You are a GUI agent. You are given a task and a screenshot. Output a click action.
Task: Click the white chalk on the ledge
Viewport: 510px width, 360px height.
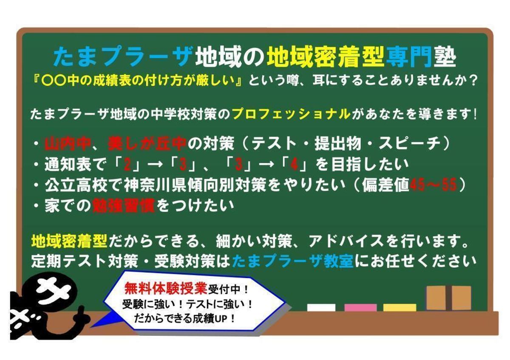coord(321,308)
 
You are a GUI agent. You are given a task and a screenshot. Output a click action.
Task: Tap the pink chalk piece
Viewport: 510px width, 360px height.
coord(360,308)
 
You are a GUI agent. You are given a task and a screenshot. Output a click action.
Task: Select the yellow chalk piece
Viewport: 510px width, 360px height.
coord(399,308)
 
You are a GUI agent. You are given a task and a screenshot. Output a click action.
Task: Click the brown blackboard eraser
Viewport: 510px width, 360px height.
coord(449,298)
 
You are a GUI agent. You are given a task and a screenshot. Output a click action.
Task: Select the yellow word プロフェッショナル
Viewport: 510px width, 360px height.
coord(292,114)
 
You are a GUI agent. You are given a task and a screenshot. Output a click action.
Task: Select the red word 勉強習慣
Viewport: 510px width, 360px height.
coord(124,206)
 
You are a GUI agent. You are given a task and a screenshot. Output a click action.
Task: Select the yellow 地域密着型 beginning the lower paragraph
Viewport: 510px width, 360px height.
coord(69,241)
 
